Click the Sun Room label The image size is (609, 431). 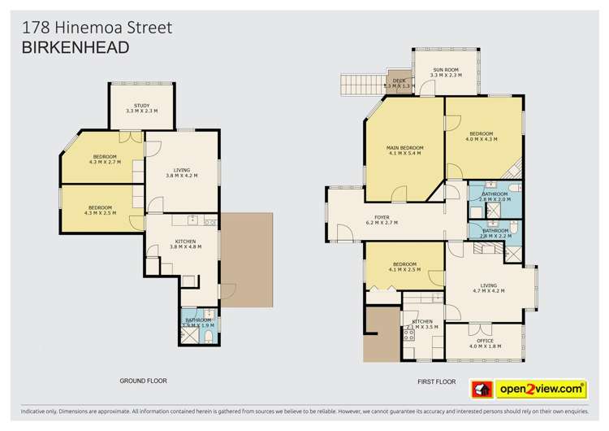click(445, 72)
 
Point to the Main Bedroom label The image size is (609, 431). click(407, 150)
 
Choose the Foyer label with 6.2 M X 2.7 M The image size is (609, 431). click(381, 220)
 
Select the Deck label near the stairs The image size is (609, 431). click(399, 82)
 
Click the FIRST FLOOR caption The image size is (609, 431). click(436, 381)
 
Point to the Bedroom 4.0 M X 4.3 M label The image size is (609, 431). click(482, 137)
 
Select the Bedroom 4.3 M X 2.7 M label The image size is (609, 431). click(105, 159)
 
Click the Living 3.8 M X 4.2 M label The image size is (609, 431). click(181, 172)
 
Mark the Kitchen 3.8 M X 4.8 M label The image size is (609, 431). click(185, 244)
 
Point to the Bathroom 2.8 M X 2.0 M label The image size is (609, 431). click(495, 197)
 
